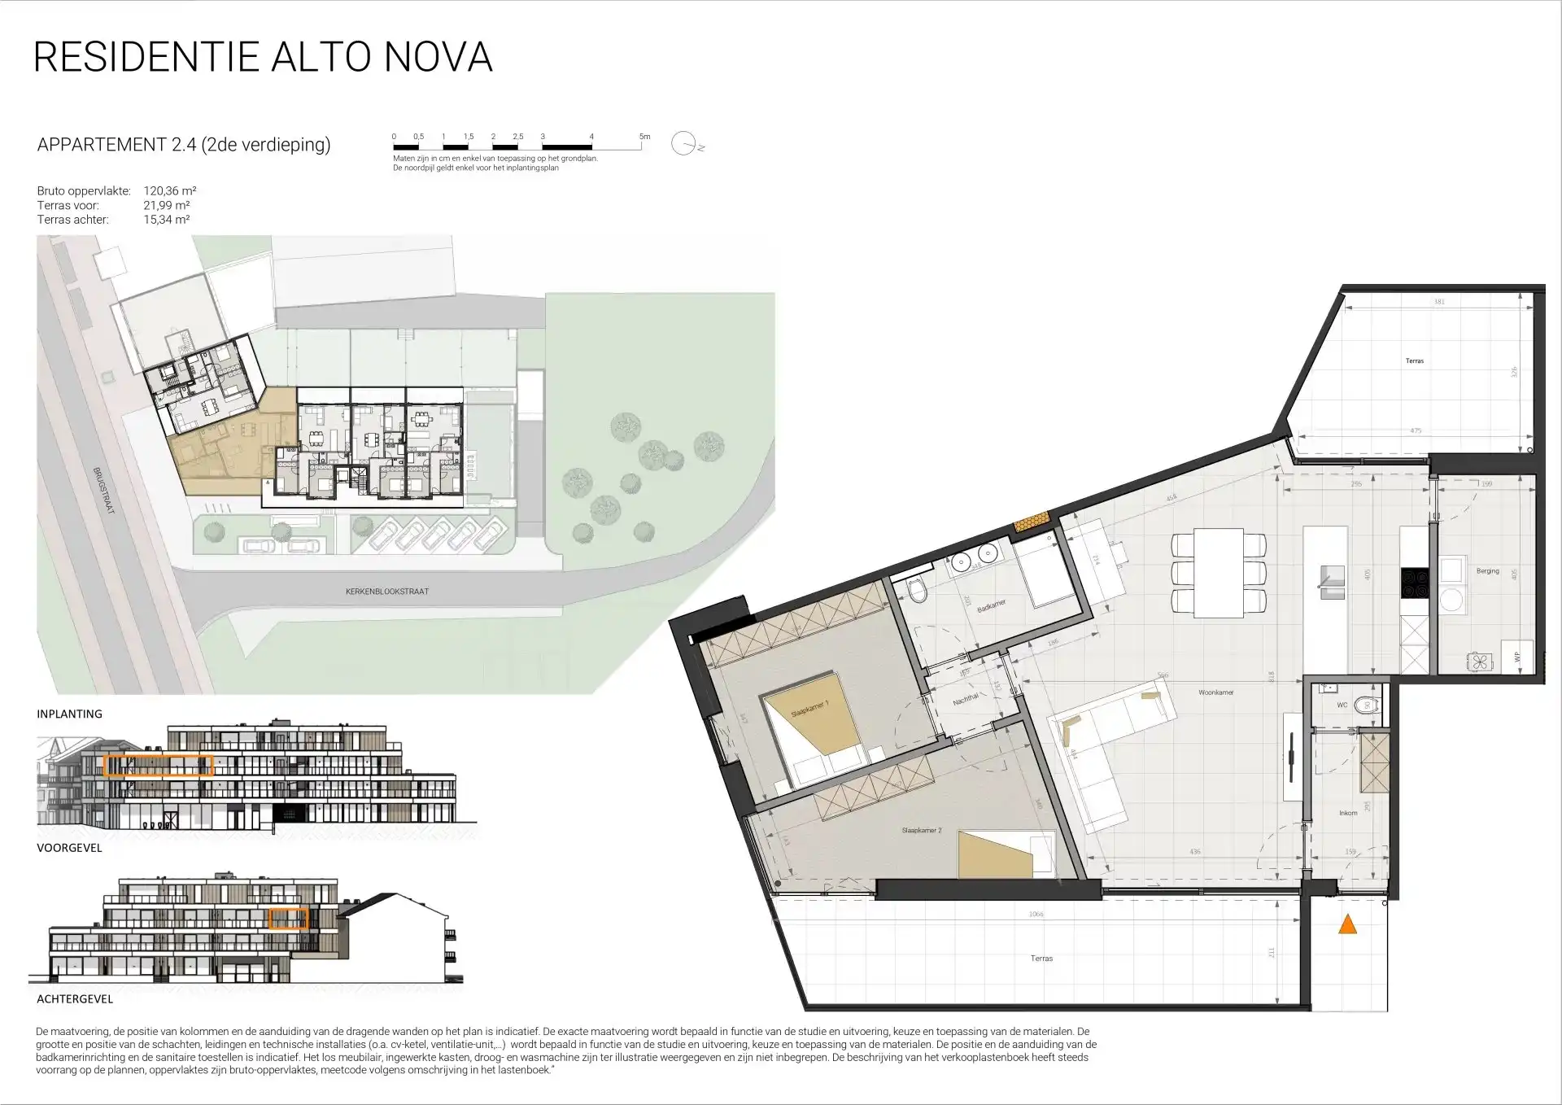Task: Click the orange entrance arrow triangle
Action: tap(1348, 924)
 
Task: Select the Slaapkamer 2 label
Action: tap(921, 831)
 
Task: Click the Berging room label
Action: tap(1487, 571)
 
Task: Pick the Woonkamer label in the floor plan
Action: tap(1215, 692)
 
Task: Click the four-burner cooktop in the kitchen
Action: tap(1414, 579)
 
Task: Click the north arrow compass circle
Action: tap(683, 144)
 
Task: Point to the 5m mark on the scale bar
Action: tap(644, 138)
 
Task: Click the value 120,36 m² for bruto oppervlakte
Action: tap(170, 191)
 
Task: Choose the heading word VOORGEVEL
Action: tap(69, 848)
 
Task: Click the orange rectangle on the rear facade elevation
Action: tap(288, 919)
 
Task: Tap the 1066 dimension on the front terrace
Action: tap(1035, 915)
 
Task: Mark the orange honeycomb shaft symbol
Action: tap(1032, 521)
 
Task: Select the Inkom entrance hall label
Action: tap(1348, 813)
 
